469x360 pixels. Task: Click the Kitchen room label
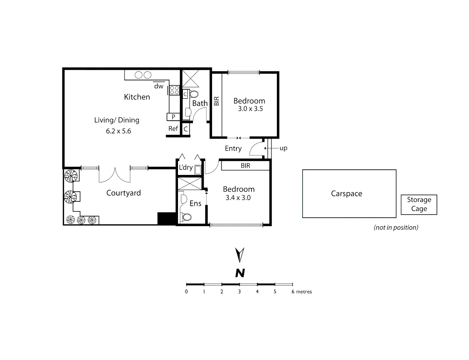[x=137, y=97]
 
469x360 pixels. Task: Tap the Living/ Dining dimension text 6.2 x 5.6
[x=118, y=131]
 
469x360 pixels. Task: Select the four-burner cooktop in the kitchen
[x=174, y=90]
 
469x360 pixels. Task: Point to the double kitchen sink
[x=143, y=75]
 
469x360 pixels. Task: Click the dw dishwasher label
[x=159, y=86]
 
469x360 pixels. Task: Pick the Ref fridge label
[x=173, y=129]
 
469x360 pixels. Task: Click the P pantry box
[x=173, y=117]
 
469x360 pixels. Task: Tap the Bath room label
[x=200, y=103]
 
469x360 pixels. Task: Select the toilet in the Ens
[x=186, y=217]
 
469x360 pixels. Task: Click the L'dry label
[x=186, y=167]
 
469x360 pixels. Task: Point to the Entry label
[x=233, y=148]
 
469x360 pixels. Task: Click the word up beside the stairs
[x=283, y=148]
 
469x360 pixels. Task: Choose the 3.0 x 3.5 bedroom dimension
[x=250, y=109]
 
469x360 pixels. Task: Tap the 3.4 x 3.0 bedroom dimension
[x=238, y=198]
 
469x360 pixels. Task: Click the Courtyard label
[x=123, y=193]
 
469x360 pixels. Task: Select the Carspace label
[x=346, y=194]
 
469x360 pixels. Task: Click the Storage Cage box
[x=419, y=204]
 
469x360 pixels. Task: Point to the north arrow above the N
[x=240, y=255]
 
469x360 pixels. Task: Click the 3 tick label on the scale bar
[x=239, y=292]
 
